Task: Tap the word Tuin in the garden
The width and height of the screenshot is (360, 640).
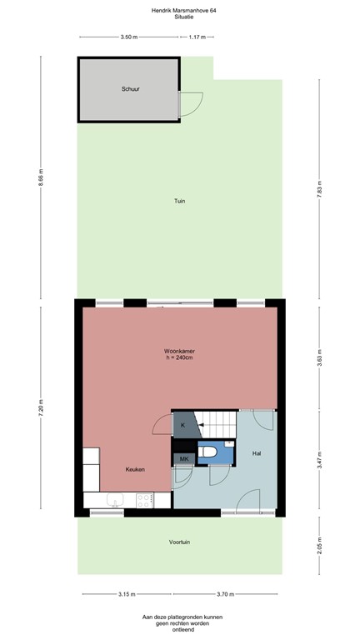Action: coord(179,201)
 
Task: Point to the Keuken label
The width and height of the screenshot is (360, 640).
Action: coord(135,469)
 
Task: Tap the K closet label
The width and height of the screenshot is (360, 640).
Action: coord(182,425)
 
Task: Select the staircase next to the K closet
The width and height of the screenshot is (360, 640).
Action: coord(218,424)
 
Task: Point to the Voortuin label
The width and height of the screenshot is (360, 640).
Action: coord(179,542)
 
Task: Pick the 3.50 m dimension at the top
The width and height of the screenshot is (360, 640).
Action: coord(128,37)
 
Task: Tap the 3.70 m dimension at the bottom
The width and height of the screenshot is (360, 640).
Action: coord(225,594)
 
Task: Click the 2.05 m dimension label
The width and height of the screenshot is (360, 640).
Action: coord(320,545)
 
